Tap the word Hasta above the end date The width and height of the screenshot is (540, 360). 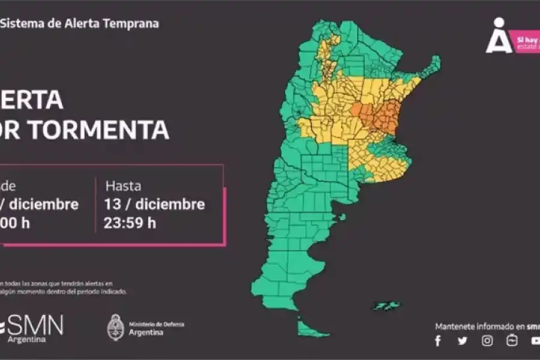coord(123,185)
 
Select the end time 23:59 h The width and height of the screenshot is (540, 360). coord(131,223)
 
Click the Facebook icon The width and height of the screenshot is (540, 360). coord(437,341)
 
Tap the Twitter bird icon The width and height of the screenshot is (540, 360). coord(462,341)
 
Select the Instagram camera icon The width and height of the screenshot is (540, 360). coord(487,341)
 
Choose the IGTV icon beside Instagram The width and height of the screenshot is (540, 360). coord(512,341)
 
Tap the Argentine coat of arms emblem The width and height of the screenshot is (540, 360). coord(115,327)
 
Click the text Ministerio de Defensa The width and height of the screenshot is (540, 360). coord(157,325)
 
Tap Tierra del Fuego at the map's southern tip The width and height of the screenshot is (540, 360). coord(308,327)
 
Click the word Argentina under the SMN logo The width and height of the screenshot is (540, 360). coord(26,340)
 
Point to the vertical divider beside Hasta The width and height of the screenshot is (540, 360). coord(95,205)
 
